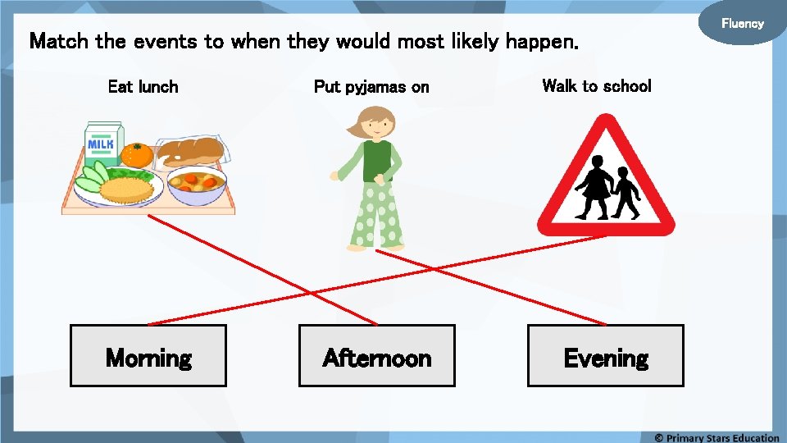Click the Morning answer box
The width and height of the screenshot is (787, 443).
click(x=148, y=356)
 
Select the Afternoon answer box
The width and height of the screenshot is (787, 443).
click(x=376, y=356)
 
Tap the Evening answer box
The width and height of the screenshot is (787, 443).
click(x=605, y=356)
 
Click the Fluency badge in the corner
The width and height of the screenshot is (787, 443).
click(x=742, y=24)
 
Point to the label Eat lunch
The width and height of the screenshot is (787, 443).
click(x=143, y=86)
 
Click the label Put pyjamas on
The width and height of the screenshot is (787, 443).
click(x=371, y=87)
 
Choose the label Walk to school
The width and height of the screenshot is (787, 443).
click(x=597, y=85)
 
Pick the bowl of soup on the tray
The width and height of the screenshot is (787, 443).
click(x=196, y=185)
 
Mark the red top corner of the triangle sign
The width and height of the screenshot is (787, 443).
click(x=607, y=121)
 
